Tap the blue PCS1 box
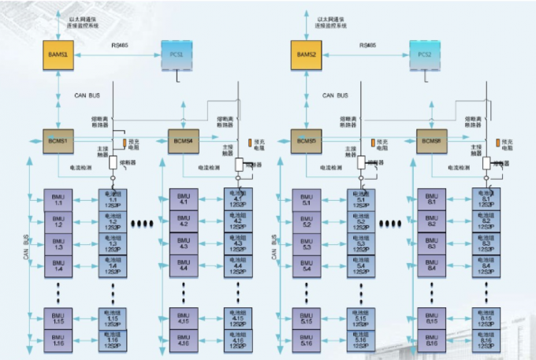(177, 54)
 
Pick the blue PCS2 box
(425, 54)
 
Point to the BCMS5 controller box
(306, 141)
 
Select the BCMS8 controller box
(432, 141)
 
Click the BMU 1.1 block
(58, 199)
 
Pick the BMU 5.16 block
(307, 342)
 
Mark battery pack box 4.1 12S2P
(238, 199)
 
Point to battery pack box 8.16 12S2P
(486, 342)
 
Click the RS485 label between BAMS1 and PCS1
(119, 46)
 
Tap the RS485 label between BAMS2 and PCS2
(367, 46)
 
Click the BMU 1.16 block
(58, 342)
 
